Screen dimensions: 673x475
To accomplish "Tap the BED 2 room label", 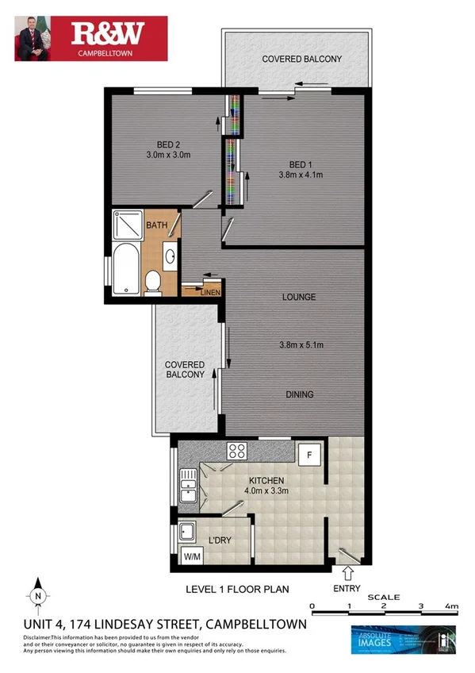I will click(165, 144).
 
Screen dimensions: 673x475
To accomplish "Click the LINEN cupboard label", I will click(210, 292).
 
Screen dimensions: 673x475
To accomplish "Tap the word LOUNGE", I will click(298, 298).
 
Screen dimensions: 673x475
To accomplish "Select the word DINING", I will click(298, 394).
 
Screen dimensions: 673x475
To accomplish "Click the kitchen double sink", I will click(188, 484).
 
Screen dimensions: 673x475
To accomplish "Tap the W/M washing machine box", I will click(192, 557).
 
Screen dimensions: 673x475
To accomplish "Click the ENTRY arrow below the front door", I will click(347, 573).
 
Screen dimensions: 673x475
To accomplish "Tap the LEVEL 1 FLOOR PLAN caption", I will click(237, 589).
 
